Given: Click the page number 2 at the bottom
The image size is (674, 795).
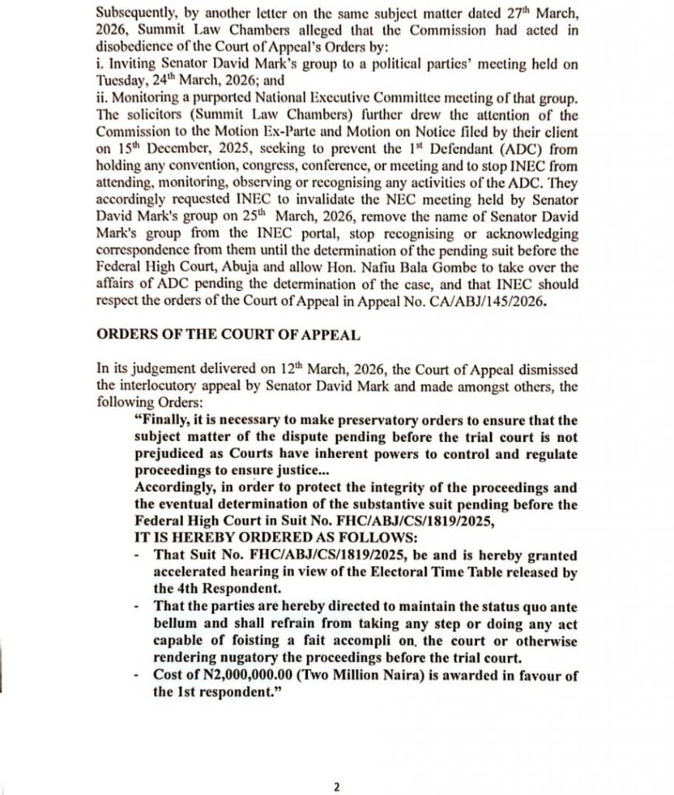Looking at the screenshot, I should (x=337, y=786).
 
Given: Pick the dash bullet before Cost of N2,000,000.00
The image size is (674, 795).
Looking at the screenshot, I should (x=137, y=676).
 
